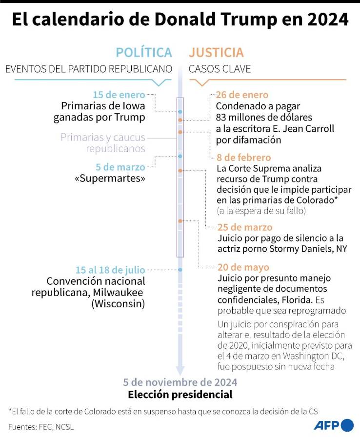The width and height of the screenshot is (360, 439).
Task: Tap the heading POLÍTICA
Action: pyautogui.click(x=144, y=53)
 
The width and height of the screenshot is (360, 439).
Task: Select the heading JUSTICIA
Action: pyautogui.click(x=216, y=53)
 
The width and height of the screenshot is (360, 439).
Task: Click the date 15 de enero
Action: pyautogui.click(x=119, y=95)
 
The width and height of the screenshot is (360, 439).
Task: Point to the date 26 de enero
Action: pyautogui.click(x=242, y=95)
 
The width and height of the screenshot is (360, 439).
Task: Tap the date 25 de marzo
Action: pyautogui.click(x=245, y=227)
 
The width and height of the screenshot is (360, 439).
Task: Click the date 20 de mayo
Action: pyautogui.click(x=242, y=267)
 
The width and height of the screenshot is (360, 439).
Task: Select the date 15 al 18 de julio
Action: pyautogui.click(x=110, y=270)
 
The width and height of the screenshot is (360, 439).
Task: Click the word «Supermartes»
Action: pyautogui.click(x=110, y=179)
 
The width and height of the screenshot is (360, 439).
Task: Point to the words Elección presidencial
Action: pyautogui.click(x=180, y=394)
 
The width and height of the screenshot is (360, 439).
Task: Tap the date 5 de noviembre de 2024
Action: pyautogui.click(x=180, y=382)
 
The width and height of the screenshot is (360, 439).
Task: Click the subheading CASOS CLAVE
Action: pyautogui.click(x=220, y=69)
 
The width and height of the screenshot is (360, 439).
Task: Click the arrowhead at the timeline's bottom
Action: pyautogui.click(x=180, y=370)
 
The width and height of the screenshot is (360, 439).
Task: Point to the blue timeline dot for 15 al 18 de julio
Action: pyautogui.click(x=180, y=270)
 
